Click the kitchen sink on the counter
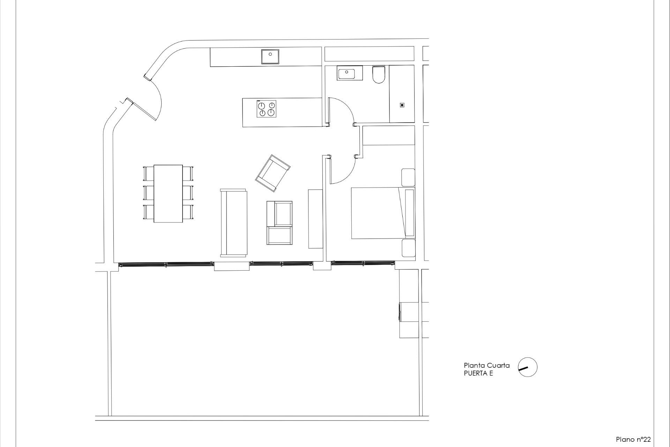(270, 57)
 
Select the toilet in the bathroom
(378, 75)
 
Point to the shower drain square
(402, 105)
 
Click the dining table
(168, 193)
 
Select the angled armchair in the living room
(273, 173)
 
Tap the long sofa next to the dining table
(233, 223)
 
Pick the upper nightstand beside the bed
(408, 177)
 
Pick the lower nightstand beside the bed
(408, 248)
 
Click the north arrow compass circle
(528, 367)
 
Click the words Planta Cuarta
(486, 365)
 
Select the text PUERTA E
(478, 373)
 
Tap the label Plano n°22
(633, 439)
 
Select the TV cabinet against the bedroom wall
(315, 219)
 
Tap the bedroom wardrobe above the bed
(389, 135)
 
